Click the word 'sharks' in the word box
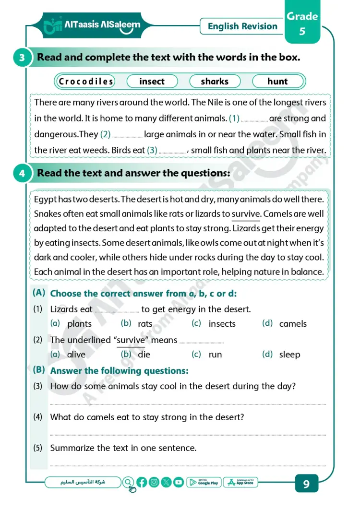(215, 82)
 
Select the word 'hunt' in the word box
(277, 82)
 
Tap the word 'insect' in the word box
(152, 82)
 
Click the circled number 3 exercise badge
(22, 58)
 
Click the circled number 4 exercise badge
(22, 174)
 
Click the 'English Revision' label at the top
(242, 26)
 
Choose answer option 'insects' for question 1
(222, 324)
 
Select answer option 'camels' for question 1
(293, 324)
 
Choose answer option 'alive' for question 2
(76, 355)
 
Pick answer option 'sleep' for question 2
(289, 355)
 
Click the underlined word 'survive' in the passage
(246, 214)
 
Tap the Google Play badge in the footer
(204, 482)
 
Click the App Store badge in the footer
(240, 482)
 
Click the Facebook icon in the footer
(142, 483)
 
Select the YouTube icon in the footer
(179, 483)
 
